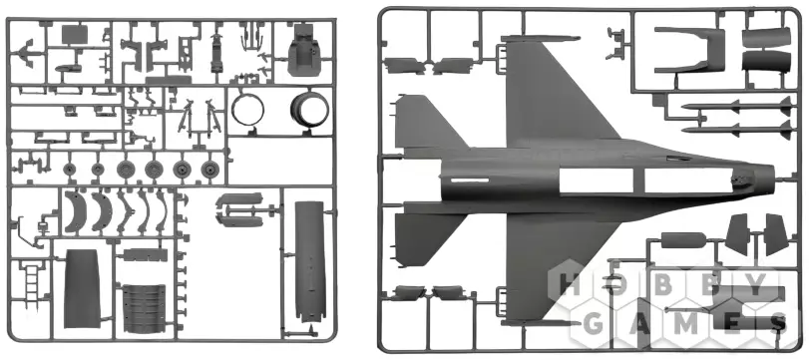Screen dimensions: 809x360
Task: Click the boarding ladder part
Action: tap(31, 282)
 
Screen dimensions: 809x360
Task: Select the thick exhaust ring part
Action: tap(309, 109)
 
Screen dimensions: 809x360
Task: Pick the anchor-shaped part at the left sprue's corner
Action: tap(25, 53)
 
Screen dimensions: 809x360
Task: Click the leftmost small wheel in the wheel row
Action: tap(69, 169)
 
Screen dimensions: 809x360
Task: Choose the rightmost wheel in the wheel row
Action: tap(208, 169)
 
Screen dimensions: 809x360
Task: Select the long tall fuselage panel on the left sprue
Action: tap(309, 262)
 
